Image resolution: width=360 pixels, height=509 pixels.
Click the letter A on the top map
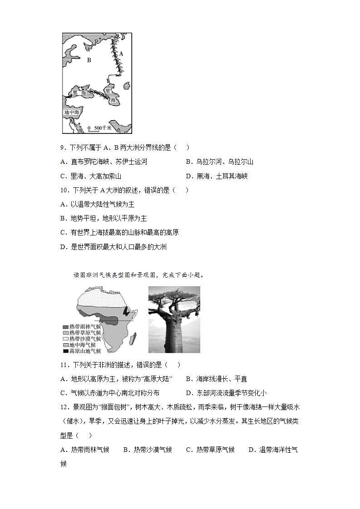[x=121, y=53]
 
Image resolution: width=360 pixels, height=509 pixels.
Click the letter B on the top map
[x=89, y=59]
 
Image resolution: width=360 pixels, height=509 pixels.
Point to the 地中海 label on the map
[x=72, y=112]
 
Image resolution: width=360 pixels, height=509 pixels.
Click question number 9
[x=64, y=147]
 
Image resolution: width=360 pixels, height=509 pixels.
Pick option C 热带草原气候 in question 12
[x=210, y=450]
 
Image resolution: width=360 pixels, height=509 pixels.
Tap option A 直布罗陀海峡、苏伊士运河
[x=104, y=162]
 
